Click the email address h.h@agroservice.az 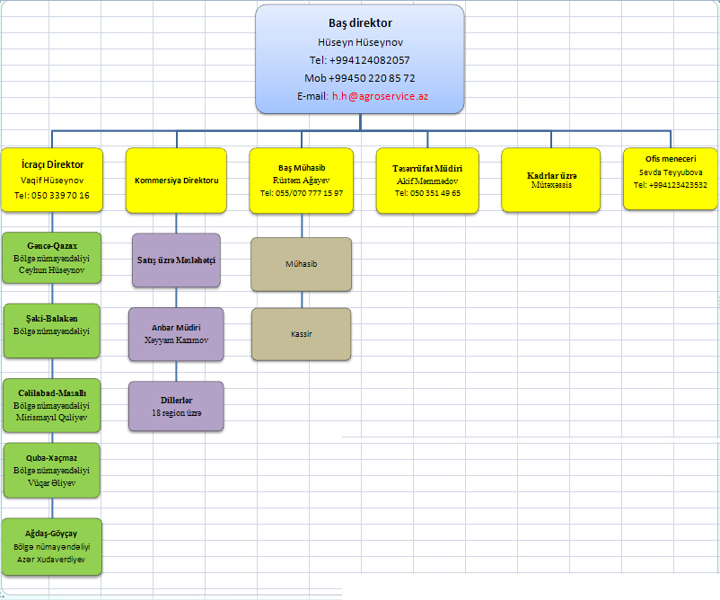pyautogui.click(x=380, y=96)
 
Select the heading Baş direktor pyautogui.click(x=360, y=23)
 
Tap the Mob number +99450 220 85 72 pyautogui.click(x=372, y=78)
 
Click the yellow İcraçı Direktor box pyautogui.click(x=52, y=180)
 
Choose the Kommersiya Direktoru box pyautogui.click(x=176, y=181)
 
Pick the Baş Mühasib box pyautogui.click(x=302, y=181)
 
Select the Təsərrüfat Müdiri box pyautogui.click(x=427, y=181)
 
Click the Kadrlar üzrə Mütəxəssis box pyautogui.click(x=550, y=180)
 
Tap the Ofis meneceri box pyautogui.click(x=670, y=179)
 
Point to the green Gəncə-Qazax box pyautogui.click(x=51, y=257)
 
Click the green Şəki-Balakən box pyautogui.click(x=51, y=331)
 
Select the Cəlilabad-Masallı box pyautogui.click(x=51, y=405)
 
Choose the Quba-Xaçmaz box pyautogui.click(x=51, y=470)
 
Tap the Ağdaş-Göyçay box pyautogui.click(x=51, y=547)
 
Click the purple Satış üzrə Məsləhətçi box pyautogui.click(x=176, y=260)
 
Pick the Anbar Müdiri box pyautogui.click(x=176, y=334)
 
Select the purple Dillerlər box pyautogui.click(x=176, y=406)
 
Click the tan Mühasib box pyautogui.click(x=302, y=264)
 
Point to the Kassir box pyautogui.click(x=302, y=334)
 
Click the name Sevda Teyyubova pyautogui.click(x=671, y=172)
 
